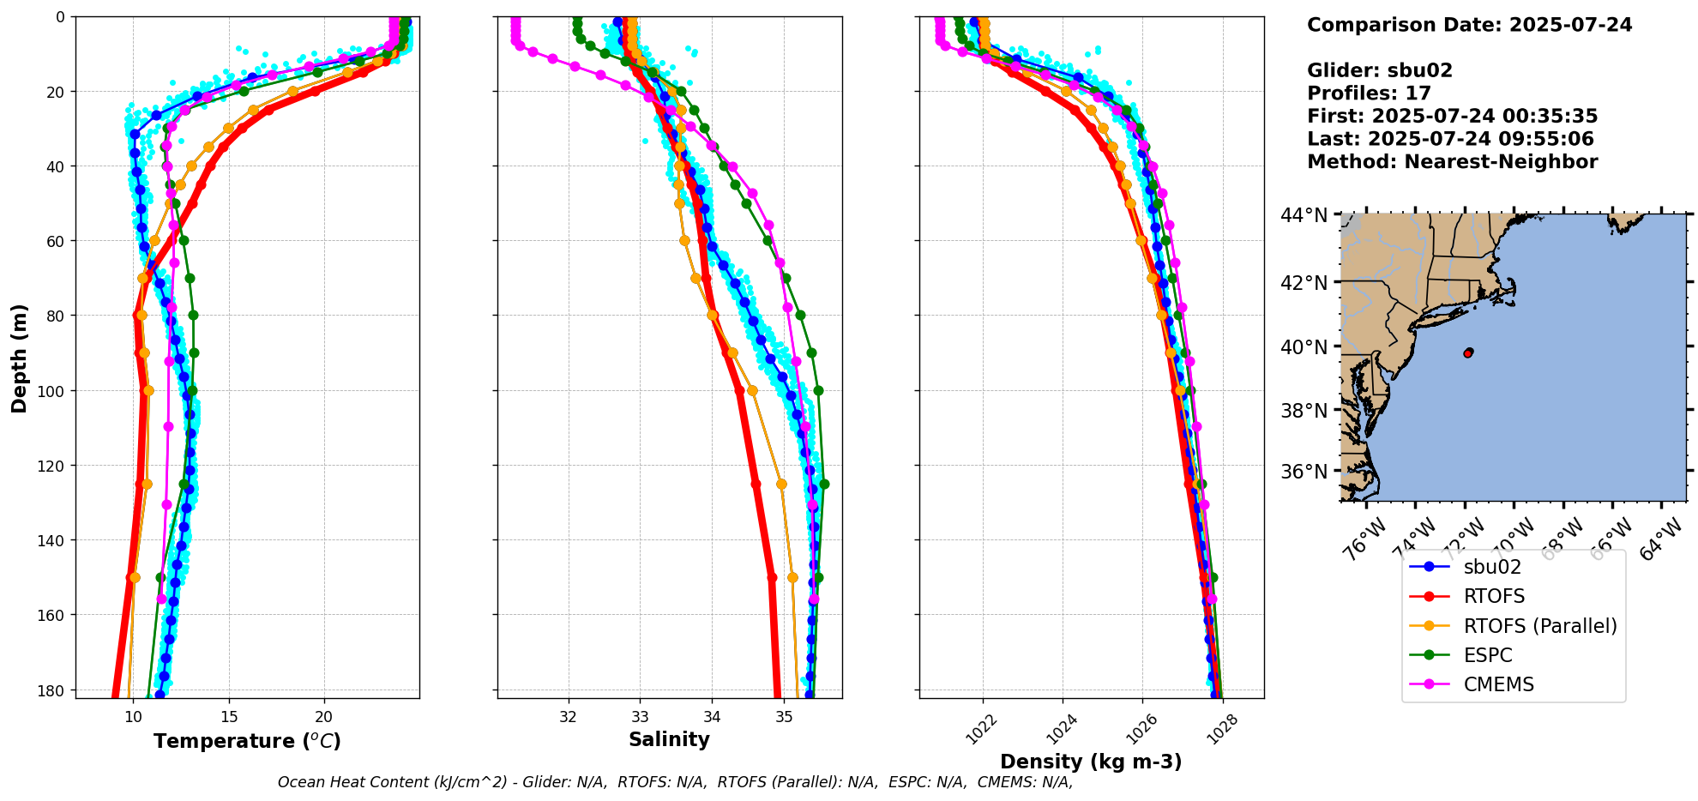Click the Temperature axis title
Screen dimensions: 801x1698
point(247,741)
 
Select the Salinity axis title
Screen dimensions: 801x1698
point(669,739)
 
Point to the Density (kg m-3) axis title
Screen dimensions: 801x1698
point(1091,762)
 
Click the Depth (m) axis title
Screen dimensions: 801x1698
point(19,358)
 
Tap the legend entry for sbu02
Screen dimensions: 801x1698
point(1492,567)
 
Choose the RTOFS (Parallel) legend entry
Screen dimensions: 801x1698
point(1540,626)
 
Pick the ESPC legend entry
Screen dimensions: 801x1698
point(1488,655)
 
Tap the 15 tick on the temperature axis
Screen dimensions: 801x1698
point(229,717)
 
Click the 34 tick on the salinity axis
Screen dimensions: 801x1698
point(712,717)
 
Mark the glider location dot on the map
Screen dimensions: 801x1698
point(1468,352)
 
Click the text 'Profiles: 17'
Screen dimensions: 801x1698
point(1369,93)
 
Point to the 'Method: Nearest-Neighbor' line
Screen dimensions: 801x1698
point(1452,162)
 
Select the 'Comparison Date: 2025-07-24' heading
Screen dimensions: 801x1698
point(1469,25)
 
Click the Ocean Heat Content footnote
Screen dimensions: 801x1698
point(675,782)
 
